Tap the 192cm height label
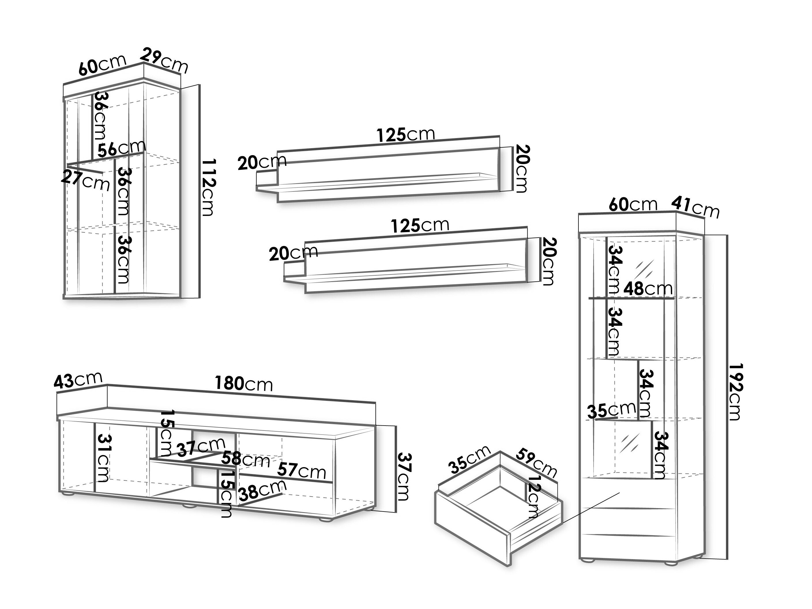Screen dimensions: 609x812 (735, 392)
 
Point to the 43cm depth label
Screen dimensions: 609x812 (78, 380)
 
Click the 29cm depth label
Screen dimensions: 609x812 (164, 61)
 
